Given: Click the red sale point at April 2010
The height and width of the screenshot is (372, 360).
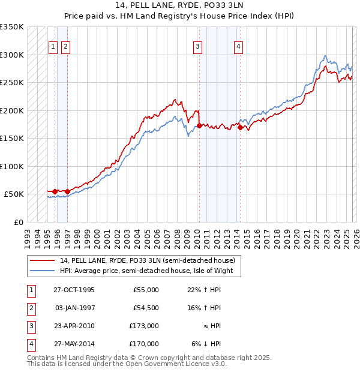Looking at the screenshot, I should pos(199,125).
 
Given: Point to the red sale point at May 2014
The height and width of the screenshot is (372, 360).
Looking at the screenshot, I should pos(240,127).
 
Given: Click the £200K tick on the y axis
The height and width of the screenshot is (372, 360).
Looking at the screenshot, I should pos(12,110).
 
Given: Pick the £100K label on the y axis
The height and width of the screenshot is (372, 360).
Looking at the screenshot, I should pos(12,166).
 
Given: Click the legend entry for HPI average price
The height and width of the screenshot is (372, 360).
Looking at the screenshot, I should pos(150,271).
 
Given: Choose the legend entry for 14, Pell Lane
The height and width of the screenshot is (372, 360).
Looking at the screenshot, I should pos(151,260).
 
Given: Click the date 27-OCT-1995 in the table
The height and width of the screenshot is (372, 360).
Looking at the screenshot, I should pos(74,290).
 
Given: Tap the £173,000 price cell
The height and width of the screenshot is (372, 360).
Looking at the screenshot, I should pos(144,326).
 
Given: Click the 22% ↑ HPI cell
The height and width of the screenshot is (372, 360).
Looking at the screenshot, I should pos(205,290).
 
